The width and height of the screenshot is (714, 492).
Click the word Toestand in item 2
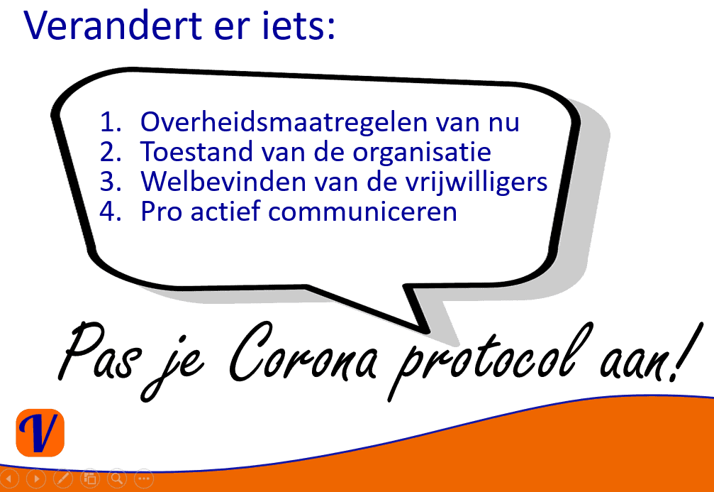[196, 151]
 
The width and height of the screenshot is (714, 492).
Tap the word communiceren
[362, 212]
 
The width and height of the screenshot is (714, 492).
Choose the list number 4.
[110, 212]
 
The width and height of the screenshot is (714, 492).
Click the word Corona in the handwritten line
[303, 354]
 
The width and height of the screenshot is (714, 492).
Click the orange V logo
[40, 433]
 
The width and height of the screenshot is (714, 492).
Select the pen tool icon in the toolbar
[63, 479]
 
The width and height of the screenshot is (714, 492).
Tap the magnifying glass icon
[117, 479]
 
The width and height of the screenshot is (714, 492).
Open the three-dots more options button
[144, 479]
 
